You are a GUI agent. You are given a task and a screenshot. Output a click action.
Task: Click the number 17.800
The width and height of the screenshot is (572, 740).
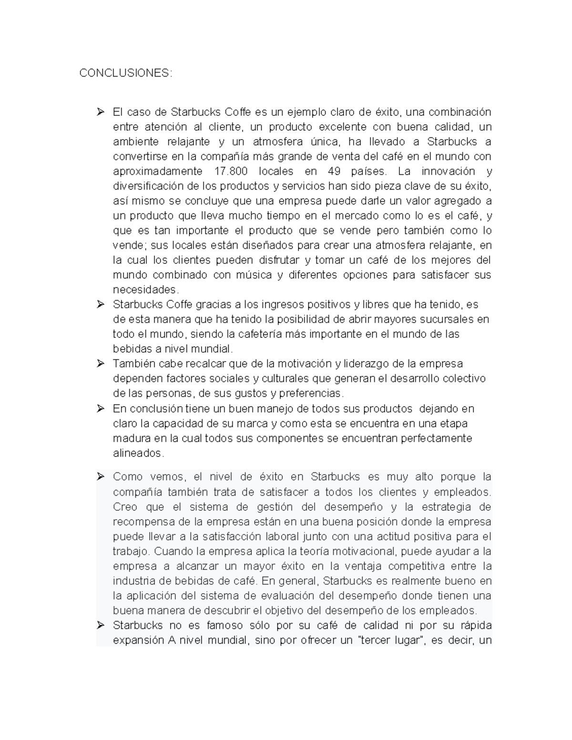(x=229, y=171)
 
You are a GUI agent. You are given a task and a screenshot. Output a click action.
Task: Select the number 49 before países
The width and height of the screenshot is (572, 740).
(x=334, y=171)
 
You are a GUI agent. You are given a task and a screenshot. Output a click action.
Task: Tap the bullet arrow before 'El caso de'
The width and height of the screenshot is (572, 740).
(x=100, y=112)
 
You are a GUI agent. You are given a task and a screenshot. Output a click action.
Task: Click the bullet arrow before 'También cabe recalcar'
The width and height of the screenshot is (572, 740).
(x=100, y=364)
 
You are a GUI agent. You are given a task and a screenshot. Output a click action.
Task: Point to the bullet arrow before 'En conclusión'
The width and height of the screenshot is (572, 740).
(x=100, y=408)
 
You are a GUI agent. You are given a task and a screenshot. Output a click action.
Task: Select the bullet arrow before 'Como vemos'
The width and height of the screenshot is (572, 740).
(x=100, y=476)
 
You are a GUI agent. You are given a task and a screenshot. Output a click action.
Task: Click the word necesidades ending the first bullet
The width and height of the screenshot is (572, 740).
(x=145, y=290)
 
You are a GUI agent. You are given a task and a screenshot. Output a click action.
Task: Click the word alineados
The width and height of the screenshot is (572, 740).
(x=138, y=453)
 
